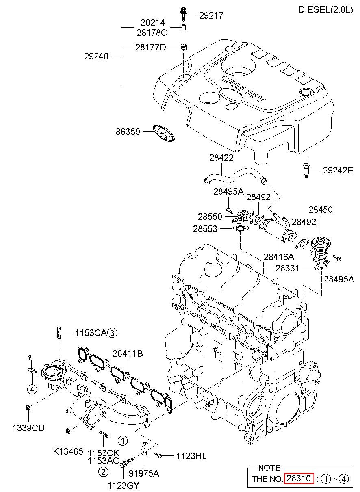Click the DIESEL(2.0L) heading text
(325, 9)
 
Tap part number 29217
(211, 15)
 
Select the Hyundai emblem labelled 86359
(164, 133)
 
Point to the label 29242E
(338, 171)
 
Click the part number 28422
(221, 158)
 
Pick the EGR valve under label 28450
(320, 248)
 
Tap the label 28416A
(279, 257)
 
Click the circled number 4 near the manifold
(32, 390)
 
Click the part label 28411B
(128, 353)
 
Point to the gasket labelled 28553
(240, 229)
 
